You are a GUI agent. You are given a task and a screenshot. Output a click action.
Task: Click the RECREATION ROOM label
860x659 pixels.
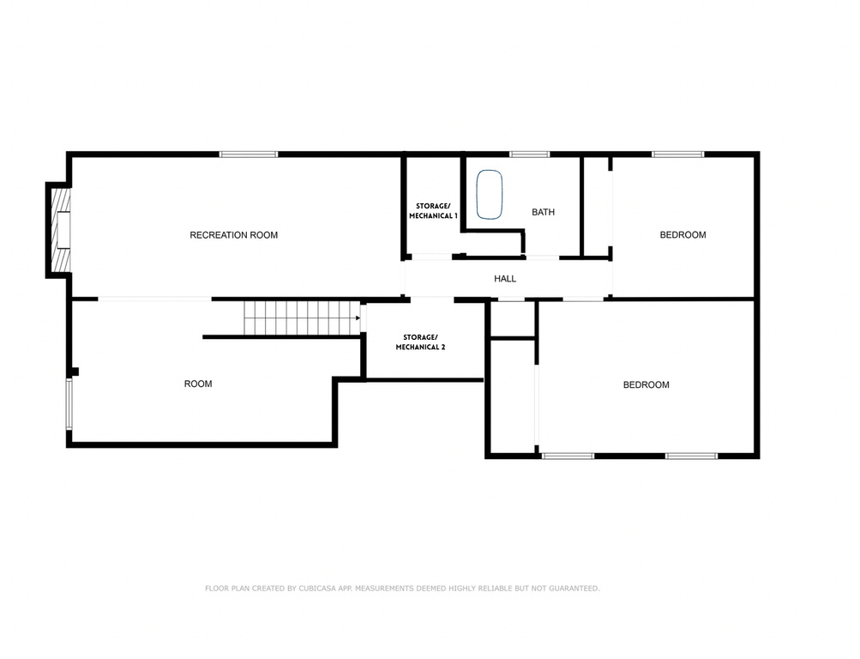[x=233, y=235]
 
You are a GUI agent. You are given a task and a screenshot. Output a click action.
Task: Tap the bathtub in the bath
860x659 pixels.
[x=490, y=196]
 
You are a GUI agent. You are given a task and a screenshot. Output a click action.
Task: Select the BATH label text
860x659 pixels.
[x=543, y=212]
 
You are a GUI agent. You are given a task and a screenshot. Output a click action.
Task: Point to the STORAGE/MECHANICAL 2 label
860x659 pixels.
[x=420, y=342]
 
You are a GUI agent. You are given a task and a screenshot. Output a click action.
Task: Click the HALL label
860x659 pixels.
[x=505, y=279]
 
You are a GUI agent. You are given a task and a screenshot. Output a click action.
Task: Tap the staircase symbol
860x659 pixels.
[x=300, y=317]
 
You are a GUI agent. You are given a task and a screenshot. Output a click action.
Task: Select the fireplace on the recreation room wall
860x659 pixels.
[x=60, y=229]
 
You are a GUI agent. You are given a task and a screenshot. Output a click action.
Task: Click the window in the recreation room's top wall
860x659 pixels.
[x=249, y=154]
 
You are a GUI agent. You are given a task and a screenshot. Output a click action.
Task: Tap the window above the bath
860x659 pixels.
[x=529, y=154]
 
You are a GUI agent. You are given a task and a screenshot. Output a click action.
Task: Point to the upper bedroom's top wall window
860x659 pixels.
[x=677, y=154]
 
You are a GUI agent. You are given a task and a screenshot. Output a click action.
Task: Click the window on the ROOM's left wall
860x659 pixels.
[x=70, y=404]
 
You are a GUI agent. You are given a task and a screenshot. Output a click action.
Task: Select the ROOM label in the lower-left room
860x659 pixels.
[x=198, y=384]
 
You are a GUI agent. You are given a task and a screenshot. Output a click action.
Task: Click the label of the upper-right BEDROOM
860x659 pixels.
[x=683, y=235]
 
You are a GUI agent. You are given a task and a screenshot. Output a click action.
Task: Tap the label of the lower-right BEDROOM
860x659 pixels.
[x=646, y=385]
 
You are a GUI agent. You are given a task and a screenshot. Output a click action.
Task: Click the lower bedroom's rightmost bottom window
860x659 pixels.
[x=691, y=456]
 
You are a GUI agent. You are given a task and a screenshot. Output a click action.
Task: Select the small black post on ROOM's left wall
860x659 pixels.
[x=75, y=372]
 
